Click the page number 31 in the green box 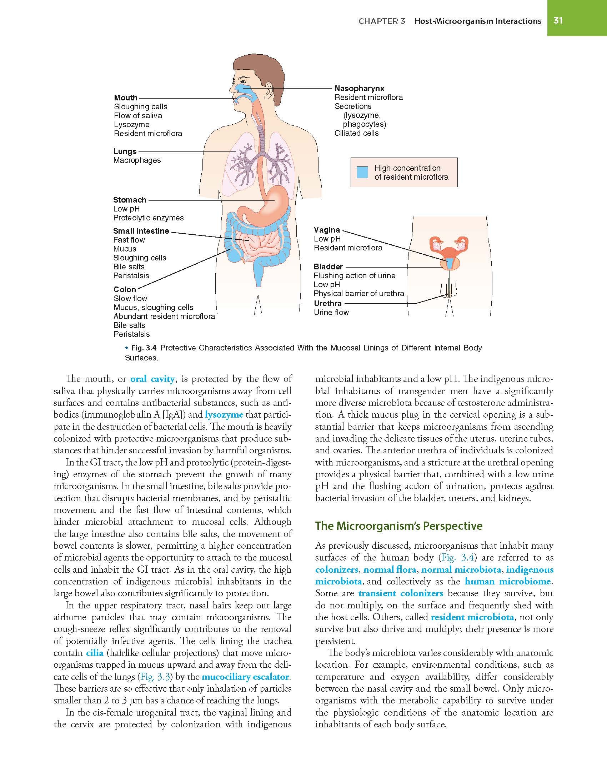[558, 21]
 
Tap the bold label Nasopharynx [359, 88]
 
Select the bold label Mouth [126, 98]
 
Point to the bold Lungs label [125, 151]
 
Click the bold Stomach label [130, 200]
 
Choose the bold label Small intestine [141, 231]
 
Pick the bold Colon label [125, 289]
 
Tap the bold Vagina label [327, 230]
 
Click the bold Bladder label [328, 267]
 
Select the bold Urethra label [328, 303]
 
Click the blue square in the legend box [362, 173]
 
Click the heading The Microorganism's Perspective [398, 526]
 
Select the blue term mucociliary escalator [245, 677]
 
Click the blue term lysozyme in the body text [224, 414]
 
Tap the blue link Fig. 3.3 [153, 677]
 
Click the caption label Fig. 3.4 [142, 348]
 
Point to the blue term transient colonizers [401, 593]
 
